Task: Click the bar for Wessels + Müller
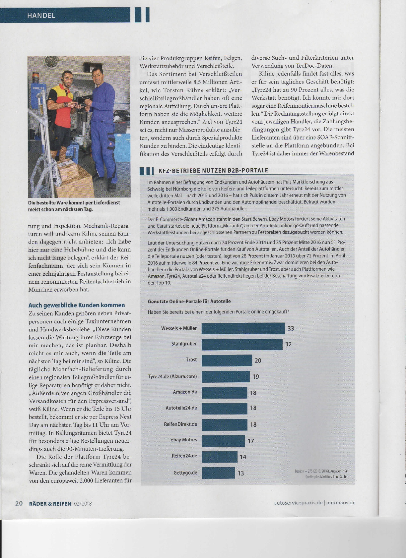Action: point(243,328)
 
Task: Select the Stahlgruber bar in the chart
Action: point(242,344)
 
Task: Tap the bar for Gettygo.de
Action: point(218,473)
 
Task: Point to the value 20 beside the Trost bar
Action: point(258,361)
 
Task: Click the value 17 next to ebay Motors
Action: point(251,441)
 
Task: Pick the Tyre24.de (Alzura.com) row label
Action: point(172,376)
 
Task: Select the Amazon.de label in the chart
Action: point(185,392)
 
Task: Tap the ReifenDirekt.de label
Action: point(180,424)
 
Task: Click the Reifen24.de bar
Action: point(220,457)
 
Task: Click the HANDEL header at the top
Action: point(41,15)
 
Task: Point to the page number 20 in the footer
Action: point(19,503)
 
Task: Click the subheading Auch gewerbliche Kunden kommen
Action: point(77,305)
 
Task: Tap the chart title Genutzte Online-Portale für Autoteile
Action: point(189,301)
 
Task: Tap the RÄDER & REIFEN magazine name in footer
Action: point(50,504)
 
